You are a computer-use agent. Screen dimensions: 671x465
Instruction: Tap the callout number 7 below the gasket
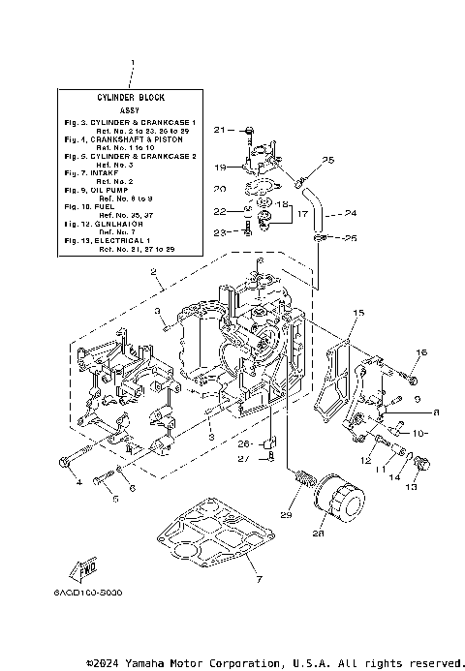point(232,579)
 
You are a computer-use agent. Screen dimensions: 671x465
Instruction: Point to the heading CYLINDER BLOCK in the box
point(132,99)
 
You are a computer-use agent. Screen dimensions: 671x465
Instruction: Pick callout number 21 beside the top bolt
point(218,129)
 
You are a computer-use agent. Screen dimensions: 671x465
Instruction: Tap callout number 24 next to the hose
point(349,213)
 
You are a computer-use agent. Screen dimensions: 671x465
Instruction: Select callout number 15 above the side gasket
point(358,313)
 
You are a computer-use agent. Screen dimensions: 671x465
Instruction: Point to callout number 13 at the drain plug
point(410,487)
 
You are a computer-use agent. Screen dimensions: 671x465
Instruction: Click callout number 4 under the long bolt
point(78,481)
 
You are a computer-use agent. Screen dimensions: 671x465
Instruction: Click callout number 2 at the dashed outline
point(152,274)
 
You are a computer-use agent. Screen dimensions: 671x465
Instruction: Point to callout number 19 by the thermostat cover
point(219,167)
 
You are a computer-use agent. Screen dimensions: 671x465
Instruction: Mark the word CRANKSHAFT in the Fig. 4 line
point(135,138)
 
